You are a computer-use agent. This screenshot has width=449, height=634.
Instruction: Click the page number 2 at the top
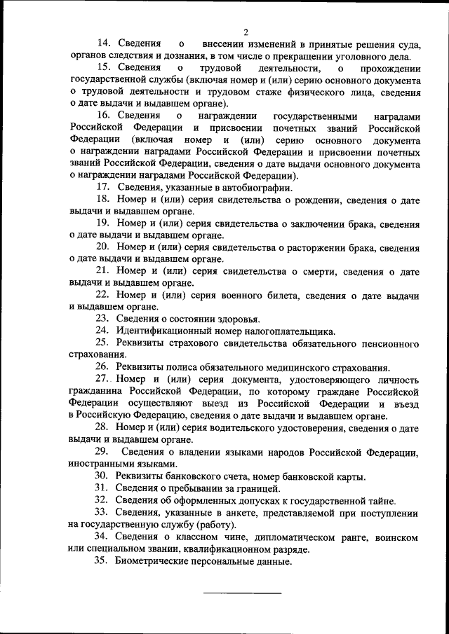(246, 32)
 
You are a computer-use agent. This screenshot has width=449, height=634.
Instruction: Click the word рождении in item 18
(319, 200)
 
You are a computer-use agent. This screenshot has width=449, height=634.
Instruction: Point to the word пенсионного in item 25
(387, 343)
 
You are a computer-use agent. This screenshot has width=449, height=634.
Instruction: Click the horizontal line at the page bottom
(242, 594)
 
